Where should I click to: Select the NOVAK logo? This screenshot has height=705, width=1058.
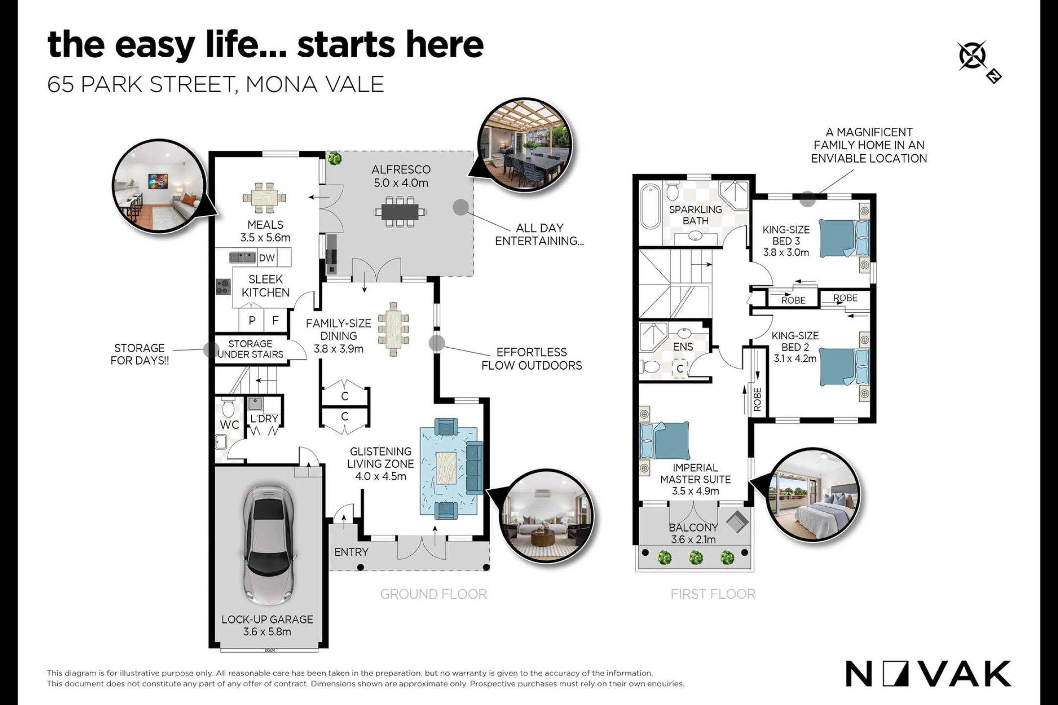pos(929,674)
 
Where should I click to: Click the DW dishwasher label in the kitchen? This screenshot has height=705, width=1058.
pos(267,258)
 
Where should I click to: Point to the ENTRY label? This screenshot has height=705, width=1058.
pos(351,552)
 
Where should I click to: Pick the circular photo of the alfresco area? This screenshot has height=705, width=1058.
pos(524,145)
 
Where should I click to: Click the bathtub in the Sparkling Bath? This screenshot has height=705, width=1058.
pos(650,206)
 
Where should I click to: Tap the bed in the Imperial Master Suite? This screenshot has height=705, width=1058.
pos(665,441)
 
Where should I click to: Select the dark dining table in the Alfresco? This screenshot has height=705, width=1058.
pos(400,212)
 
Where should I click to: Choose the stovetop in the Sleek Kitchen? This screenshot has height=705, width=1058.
pos(223,286)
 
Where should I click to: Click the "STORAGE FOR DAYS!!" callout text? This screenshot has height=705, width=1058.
pos(140,354)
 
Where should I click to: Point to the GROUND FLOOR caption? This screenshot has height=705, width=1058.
pos(433,594)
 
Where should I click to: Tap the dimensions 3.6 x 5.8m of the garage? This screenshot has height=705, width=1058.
pos(267,632)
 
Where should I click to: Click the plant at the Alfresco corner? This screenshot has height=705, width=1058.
pos(335,158)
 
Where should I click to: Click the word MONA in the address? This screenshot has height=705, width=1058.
pos(276,84)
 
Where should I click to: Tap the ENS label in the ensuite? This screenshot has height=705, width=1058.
pos(683,347)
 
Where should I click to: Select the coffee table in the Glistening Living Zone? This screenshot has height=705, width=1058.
pos(446,468)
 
